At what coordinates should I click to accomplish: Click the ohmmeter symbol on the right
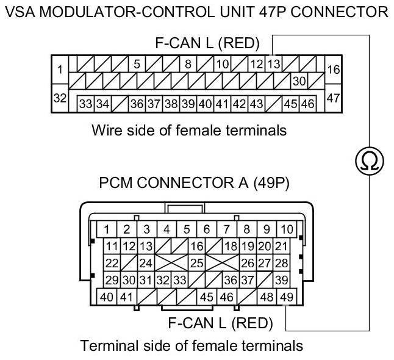(x=369, y=160)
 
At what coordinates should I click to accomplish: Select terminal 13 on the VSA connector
(x=274, y=63)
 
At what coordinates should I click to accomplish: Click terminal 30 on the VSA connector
(x=299, y=81)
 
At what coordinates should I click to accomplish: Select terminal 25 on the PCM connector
(x=196, y=264)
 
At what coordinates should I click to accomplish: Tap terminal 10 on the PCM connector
(x=287, y=229)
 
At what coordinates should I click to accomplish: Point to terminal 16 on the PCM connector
(x=196, y=247)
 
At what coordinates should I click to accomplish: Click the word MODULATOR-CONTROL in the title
(x=135, y=12)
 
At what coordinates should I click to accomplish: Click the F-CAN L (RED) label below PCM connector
(x=220, y=322)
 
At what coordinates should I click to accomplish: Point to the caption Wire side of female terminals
(x=188, y=130)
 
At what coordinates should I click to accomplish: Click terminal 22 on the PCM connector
(x=112, y=264)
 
